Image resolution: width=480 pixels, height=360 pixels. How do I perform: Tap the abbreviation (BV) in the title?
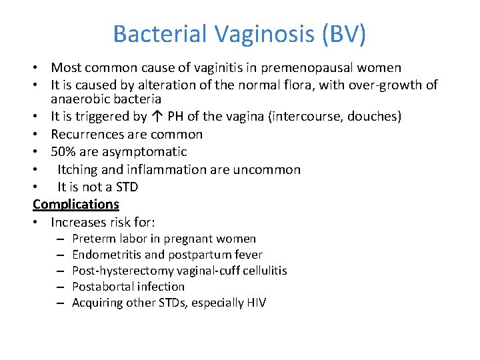pos(343,34)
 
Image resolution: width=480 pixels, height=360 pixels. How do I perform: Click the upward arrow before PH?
pos(155,117)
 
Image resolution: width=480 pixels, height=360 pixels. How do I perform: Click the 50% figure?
pos(63,152)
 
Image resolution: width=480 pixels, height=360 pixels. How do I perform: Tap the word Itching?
pos(79,169)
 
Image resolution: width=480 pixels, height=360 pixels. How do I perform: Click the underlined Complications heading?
pos(76,204)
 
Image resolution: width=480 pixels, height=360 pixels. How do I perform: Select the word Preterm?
pos(92,239)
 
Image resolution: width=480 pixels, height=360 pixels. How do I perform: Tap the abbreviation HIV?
pos(255,303)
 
